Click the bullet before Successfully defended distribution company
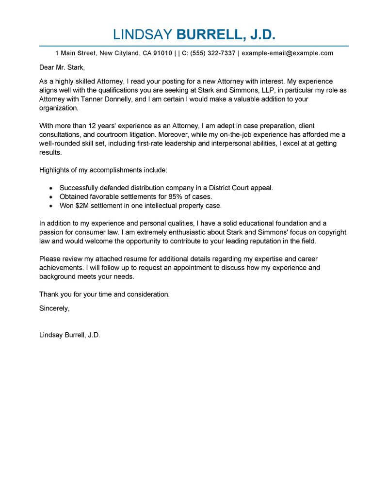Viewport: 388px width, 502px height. point(52,188)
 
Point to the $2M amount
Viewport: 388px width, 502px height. point(82,205)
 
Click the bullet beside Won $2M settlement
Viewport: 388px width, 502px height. point(52,206)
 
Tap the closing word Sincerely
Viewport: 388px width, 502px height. point(54,308)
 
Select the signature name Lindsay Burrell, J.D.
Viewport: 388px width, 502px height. point(69,335)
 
